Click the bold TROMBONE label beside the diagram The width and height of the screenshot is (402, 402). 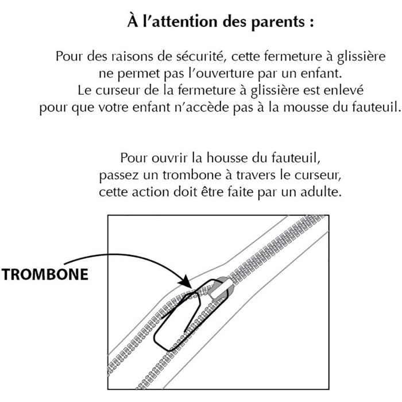[45, 274]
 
